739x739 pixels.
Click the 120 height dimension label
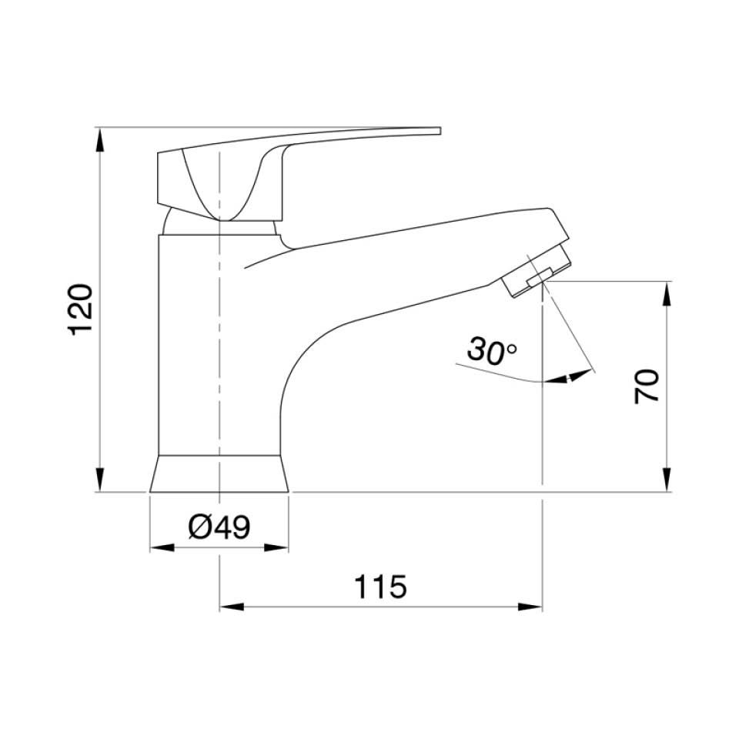(x=82, y=309)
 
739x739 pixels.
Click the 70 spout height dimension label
(x=647, y=386)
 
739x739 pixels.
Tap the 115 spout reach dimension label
(x=380, y=587)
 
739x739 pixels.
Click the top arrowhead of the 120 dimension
(x=99, y=139)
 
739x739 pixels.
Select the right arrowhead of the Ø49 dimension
(x=278, y=547)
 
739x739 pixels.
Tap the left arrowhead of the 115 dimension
(x=232, y=607)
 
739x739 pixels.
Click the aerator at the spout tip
(x=537, y=272)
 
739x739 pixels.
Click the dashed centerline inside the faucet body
(x=220, y=346)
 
